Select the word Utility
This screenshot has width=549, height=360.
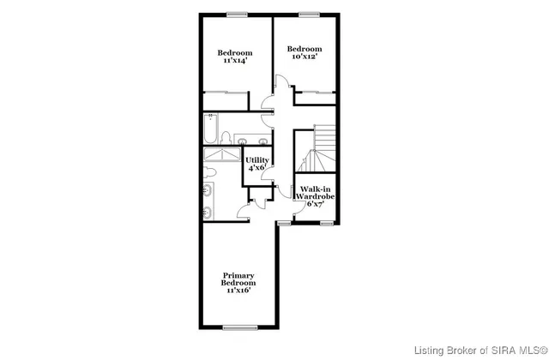coord(257,160)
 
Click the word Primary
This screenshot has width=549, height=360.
coord(238,275)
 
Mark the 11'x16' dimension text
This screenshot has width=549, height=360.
coord(238,291)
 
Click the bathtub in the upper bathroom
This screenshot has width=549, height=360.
coord(211,131)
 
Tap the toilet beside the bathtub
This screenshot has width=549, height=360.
coord(226,137)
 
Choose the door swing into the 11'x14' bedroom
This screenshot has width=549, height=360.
coord(268,102)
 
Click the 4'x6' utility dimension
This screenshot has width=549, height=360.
coord(257,169)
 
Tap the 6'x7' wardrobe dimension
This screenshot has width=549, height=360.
coord(315,204)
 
